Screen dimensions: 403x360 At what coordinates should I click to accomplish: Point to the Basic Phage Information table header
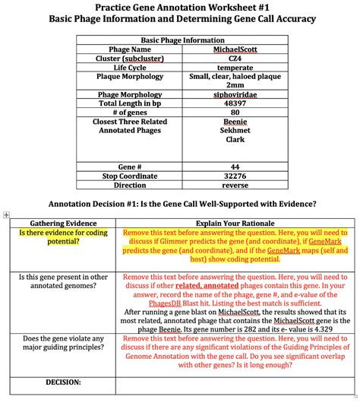pyautogui.click(x=179, y=40)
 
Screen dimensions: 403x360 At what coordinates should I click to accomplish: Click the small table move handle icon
pyautogui.click(x=6, y=216)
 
